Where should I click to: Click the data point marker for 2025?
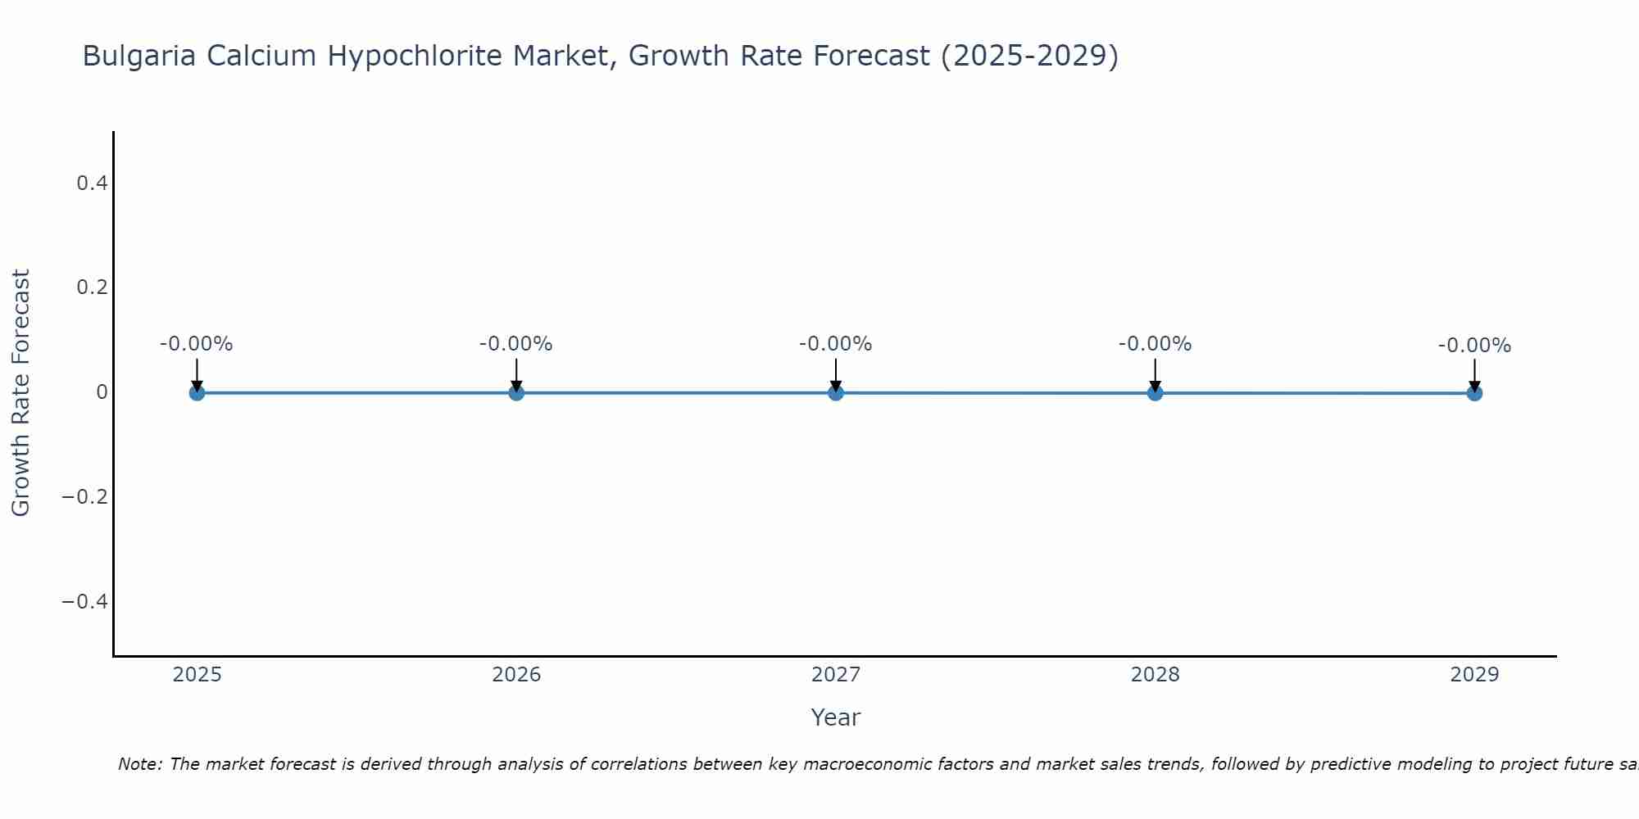(x=197, y=393)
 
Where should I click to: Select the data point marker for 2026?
(x=516, y=393)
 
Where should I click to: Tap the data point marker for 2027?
(x=836, y=393)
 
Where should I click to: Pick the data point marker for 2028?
(x=1155, y=393)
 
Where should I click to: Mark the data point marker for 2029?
(x=1474, y=393)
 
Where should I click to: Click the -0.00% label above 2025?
(x=197, y=344)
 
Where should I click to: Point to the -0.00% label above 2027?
(x=836, y=344)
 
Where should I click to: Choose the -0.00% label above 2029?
(x=1474, y=346)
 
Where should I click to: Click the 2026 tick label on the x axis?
(x=516, y=675)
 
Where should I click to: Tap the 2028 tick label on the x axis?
(x=1155, y=675)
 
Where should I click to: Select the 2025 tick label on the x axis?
(x=197, y=675)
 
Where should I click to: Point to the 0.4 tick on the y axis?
(x=92, y=183)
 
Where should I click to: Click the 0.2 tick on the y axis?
(x=92, y=287)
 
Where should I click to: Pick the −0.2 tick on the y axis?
(x=85, y=497)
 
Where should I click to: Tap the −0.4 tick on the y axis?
(x=85, y=602)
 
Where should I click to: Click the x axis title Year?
(x=835, y=717)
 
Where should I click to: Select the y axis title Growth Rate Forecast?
(x=20, y=393)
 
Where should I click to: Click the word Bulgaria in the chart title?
(x=139, y=57)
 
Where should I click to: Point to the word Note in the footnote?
(x=139, y=764)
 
